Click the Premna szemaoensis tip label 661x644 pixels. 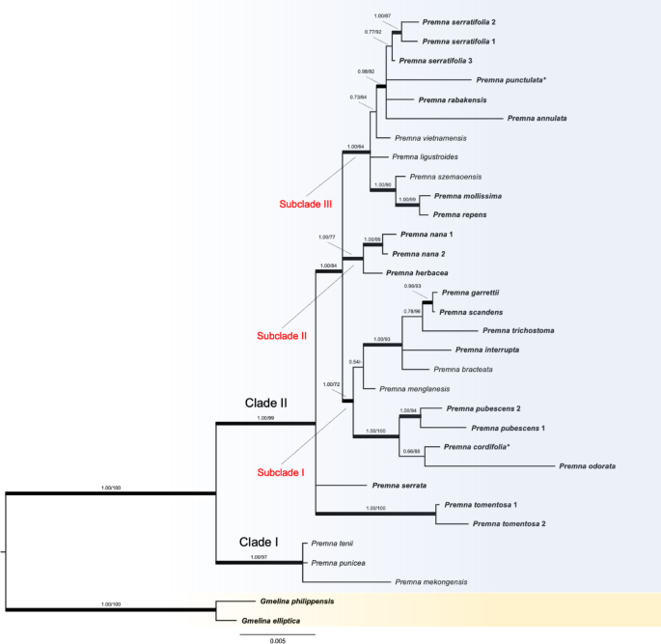[445, 177]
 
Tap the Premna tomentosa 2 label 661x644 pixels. [511, 524]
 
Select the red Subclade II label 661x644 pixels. [282, 336]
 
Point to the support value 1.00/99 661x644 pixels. [265, 418]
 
